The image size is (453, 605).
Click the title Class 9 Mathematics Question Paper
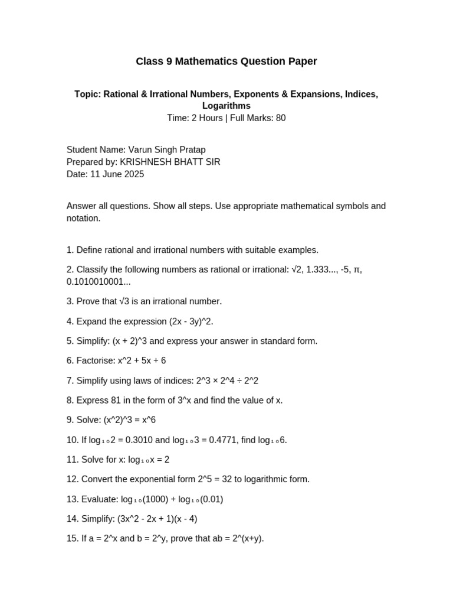pos(226,61)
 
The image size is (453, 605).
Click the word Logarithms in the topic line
pos(226,106)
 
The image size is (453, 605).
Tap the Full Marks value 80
pos(280,118)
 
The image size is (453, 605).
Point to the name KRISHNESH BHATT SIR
pos(170,162)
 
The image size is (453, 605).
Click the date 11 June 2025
pos(117,174)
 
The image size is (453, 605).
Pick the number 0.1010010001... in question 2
pos(99,282)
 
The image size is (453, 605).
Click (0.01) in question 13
pos(211,499)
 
